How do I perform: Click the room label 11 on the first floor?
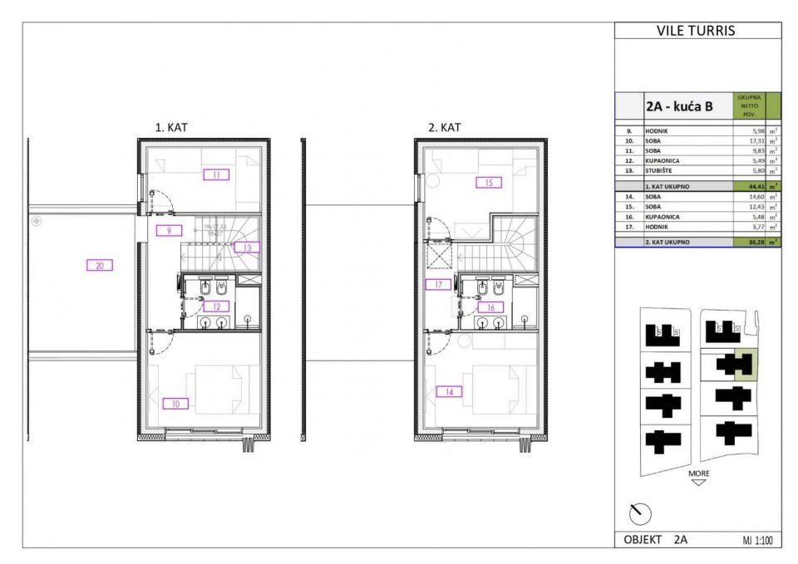[x=215, y=175]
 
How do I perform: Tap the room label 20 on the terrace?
[x=99, y=266]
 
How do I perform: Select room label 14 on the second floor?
[x=449, y=390]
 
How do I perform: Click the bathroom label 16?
[x=490, y=307]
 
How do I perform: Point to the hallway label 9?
[x=169, y=230]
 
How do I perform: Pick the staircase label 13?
[x=247, y=247]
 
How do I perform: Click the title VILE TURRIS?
[x=697, y=32]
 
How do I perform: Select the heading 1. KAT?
[x=172, y=127]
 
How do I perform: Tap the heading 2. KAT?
[x=444, y=127]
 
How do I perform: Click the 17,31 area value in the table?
[x=751, y=141]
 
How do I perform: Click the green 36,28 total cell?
[x=750, y=242]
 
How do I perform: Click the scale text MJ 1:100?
[x=756, y=540]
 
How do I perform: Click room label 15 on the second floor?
[x=489, y=182]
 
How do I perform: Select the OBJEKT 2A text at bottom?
[x=656, y=539]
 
